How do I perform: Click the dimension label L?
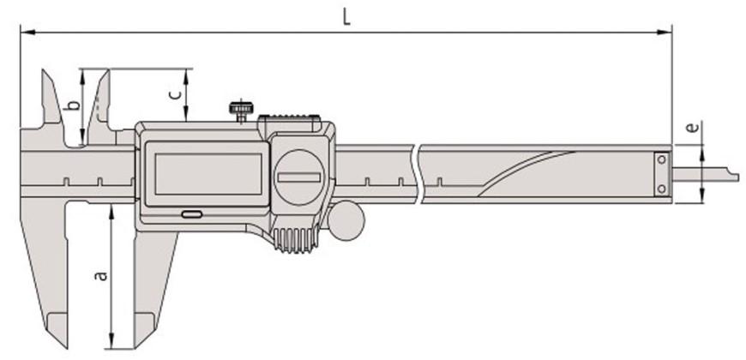pos(346,17)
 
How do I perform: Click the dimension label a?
pos(100,275)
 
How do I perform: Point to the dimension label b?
pos(73,105)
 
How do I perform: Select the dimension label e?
pos(693,128)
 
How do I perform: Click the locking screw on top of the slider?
pos(241,111)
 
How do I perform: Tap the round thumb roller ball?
pos(346,220)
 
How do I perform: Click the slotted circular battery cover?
pos(299,177)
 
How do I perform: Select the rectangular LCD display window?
pos(208,174)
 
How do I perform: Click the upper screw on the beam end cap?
pos(661,160)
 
